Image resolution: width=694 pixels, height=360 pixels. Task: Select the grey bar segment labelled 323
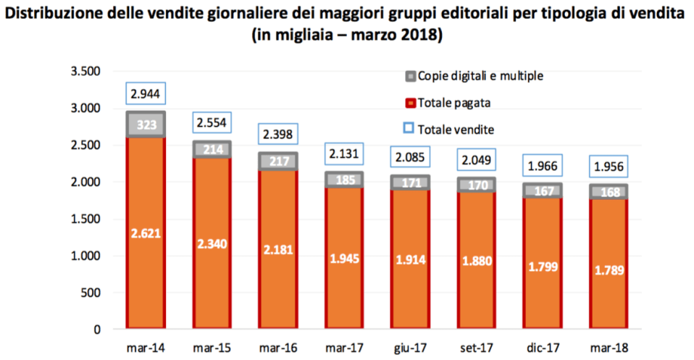(147, 125)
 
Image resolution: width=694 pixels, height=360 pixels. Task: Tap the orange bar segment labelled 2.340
(212, 243)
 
